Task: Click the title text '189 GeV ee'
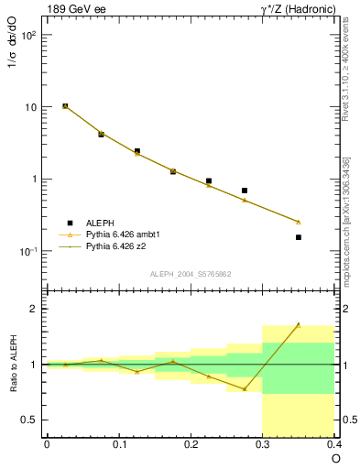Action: [x=72, y=8]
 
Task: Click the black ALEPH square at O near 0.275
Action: [x=245, y=191]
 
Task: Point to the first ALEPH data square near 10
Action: [x=65, y=106]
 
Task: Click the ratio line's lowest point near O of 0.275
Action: [x=245, y=389]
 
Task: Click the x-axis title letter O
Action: [x=335, y=458]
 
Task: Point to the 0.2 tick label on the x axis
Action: [x=191, y=444]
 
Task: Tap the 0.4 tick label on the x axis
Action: [x=333, y=444]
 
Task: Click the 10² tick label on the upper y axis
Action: [x=27, y=35]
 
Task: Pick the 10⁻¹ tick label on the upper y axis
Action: [x=27, y=251]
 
